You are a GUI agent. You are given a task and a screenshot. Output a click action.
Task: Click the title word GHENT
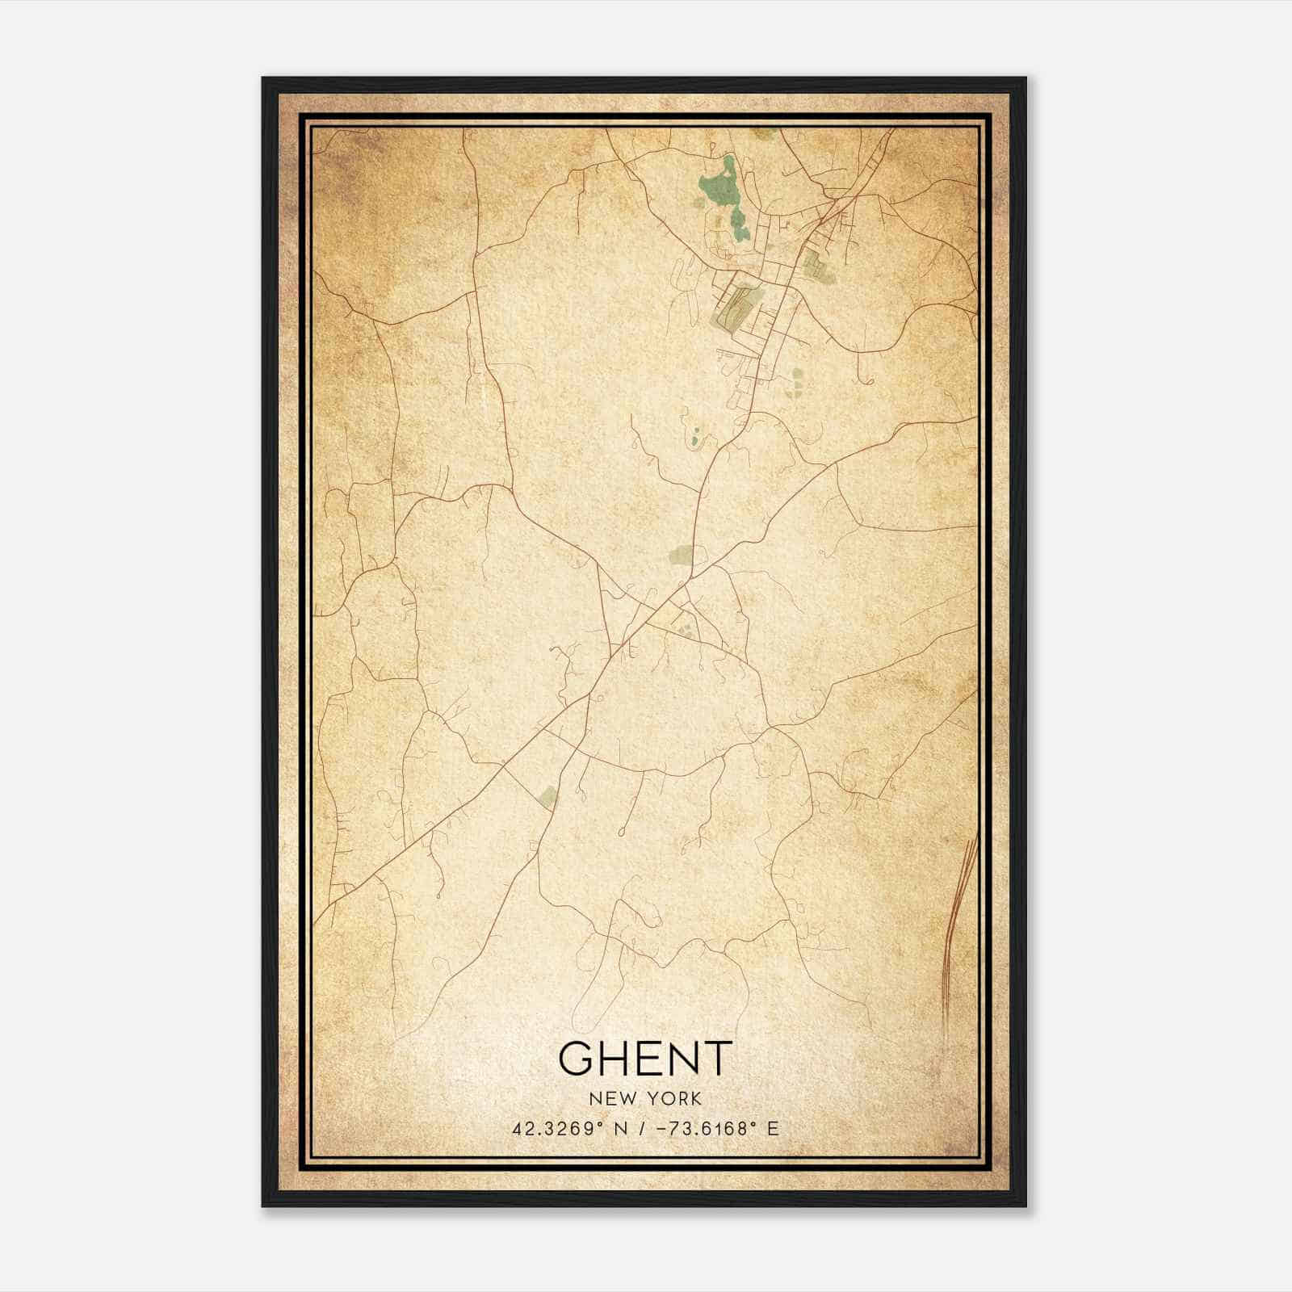coord(645,1059)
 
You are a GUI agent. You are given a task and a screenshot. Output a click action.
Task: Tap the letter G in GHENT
coord(577,1059)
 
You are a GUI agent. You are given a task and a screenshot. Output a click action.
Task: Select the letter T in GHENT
coord(715,1059)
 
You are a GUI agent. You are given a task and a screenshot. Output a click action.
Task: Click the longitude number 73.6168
coord(706,1128)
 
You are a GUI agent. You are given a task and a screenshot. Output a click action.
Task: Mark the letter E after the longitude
coord(773,1128)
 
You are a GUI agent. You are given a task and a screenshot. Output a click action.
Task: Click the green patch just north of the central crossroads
coord(680,555)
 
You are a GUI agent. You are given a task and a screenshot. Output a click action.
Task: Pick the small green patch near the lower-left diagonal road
coord(548,796)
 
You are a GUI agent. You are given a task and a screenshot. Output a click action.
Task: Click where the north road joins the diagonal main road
coord(691,578)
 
